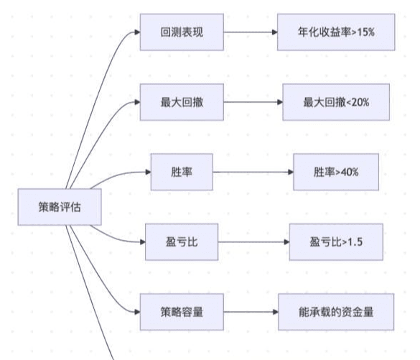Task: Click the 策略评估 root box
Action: pyautogui.click(x=60, y=207)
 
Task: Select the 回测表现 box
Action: pyautogui.click(x=182, y=32)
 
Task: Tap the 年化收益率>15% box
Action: pyautogui.click(x=336, y=32)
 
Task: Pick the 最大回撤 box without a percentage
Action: pyautogui.click(x=182, y=102)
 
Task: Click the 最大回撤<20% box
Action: pyautogui.click(x=336, y=102)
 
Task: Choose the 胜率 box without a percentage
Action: pyautogui.click(x=182, y=172)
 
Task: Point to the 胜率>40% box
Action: pyautogui.click(x=336, y=172)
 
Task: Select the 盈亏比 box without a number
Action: pyautogui.click(x=182, y=242)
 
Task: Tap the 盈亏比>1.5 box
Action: pyautogui.click(x=336, y=242)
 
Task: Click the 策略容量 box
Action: pyautogui.click(x=182, y=312)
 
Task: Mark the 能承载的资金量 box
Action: pyautogui.click(x=336, y=312)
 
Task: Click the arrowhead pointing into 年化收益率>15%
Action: pyautogui.click(x=274, y=32)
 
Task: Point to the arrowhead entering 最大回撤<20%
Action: pyautogui.click(x=280, y=102)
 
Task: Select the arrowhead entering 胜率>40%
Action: pyautogui.click(x=291, y=172)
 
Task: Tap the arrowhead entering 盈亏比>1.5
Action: pyautogui.click(x=286, y=242)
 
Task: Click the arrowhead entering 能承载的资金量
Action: pyautogui.click(x=276, y=312)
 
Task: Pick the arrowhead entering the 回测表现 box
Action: pyautogui.click(x=137, y=32)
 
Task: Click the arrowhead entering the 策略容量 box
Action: pyautogui.click(x=137, y=312)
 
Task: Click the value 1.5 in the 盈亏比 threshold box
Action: pyautogui.click(x=355, y=242)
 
